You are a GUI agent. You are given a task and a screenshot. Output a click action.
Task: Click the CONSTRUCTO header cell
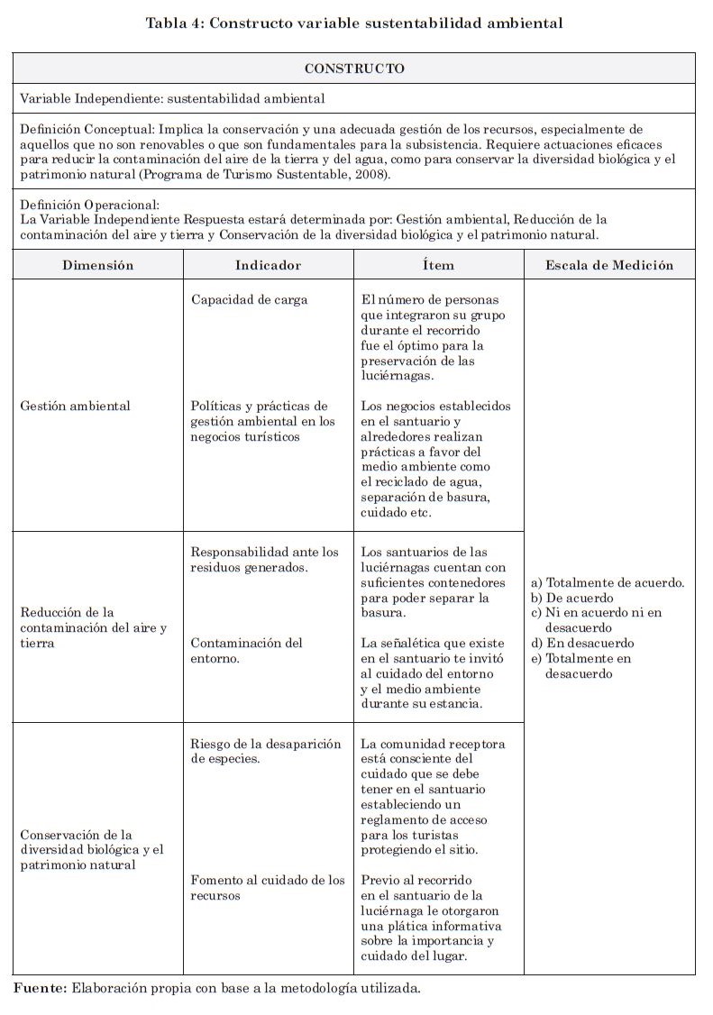[x=354, y=69]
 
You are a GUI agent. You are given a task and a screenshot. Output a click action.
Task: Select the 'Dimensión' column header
[x=98, y=265]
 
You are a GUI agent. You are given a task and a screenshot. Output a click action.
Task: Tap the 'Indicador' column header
[x=268, y=265]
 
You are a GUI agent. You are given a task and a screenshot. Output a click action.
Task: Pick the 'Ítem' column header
[x=438, y=265]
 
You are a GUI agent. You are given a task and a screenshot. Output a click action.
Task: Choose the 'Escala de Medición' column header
[x=609, y=265]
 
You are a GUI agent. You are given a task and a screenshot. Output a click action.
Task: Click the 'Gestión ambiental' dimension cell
[x=75, y=406]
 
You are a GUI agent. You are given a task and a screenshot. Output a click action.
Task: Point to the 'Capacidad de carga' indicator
[x=249, y=300]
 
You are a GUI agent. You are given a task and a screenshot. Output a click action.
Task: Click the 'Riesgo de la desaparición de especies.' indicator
[x=266, y=752]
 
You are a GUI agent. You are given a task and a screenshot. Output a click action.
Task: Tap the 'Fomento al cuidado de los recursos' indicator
[x=268, y=888]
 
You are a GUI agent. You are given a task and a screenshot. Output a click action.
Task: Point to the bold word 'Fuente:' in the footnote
[x=40, y=989]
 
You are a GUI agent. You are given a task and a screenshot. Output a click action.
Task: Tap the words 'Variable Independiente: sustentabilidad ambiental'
[x=172, y=98]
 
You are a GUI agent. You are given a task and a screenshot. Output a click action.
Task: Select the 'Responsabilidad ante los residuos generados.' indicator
[x=265, y=559]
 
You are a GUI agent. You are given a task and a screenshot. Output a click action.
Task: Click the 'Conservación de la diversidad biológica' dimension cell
[x=91, y=849]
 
